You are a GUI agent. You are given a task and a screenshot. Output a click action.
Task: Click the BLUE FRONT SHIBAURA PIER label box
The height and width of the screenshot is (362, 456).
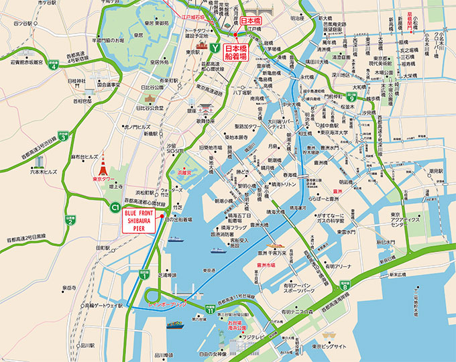(140, 221)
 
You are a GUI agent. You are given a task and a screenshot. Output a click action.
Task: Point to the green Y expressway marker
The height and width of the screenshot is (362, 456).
(214, 48)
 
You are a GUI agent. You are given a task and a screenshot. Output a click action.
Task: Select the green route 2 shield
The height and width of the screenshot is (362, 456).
(70, 219)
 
